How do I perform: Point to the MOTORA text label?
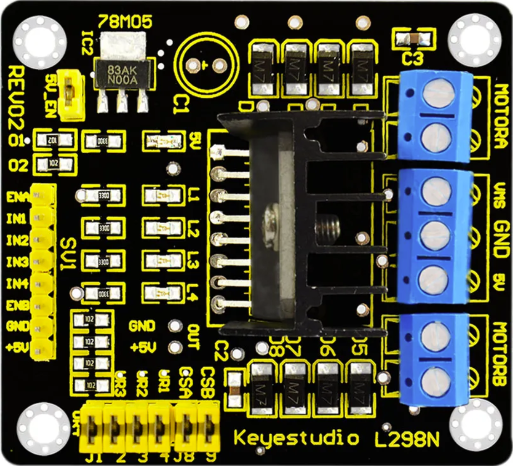pos(501,116)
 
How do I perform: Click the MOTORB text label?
pos(501,355)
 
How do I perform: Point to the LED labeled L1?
pos(161,195)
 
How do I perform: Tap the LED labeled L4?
pos(161,292)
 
